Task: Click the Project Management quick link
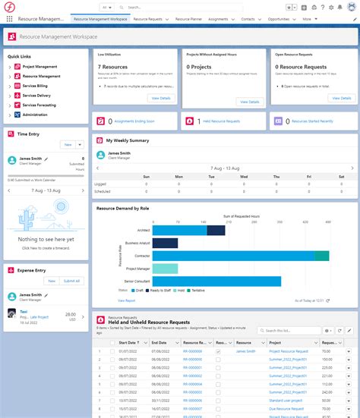click(39, 67)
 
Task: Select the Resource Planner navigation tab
click(188, 18)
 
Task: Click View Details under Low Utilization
click(161, 98)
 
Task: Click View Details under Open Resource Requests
click(340, 98)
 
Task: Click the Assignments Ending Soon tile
click(133, 121)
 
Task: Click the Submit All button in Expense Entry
click(71, 281)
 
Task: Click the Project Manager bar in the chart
click(166, 269)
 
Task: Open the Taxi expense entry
click(24, 310)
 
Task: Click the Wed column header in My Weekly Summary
click(244, 176)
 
